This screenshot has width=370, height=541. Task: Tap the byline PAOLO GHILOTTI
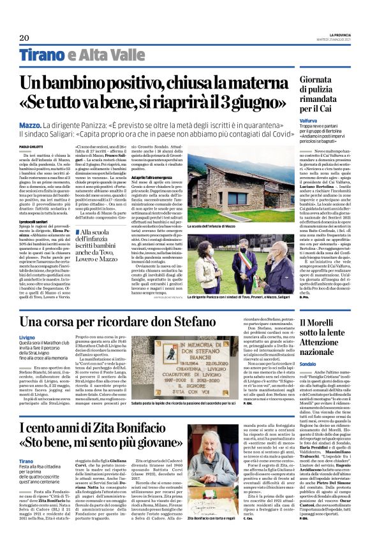[31, 147]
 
